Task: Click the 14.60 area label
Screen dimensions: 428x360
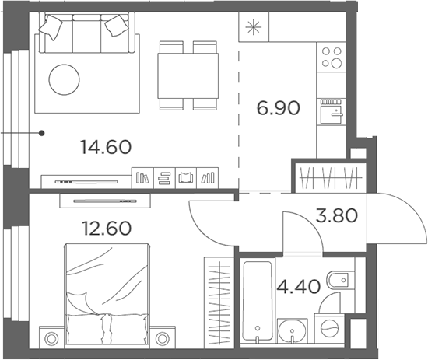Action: [106, 147]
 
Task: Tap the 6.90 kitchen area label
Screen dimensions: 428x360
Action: [278, 108]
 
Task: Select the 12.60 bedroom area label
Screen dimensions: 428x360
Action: [107, 229]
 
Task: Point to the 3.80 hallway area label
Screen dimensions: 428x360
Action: [336, 215]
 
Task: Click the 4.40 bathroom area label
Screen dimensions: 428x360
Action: [298, 287]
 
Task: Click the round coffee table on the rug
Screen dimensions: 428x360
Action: [64, 79]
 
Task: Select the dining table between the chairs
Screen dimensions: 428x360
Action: [188, 76]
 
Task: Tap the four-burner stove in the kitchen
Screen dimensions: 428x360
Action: [332, 57]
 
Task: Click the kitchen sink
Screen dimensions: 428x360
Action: [332, 112]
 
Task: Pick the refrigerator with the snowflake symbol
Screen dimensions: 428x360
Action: [254, 27]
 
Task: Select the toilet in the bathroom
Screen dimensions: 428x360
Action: [341, 280]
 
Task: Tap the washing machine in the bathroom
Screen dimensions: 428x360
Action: [330, 328]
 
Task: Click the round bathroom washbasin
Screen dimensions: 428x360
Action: [292, 331]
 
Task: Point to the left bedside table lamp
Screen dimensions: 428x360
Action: [51, 339]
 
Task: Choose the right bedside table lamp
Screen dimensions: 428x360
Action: [163, 339]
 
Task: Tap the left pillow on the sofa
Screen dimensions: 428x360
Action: [51, 27]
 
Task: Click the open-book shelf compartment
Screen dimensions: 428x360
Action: [186, 178]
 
